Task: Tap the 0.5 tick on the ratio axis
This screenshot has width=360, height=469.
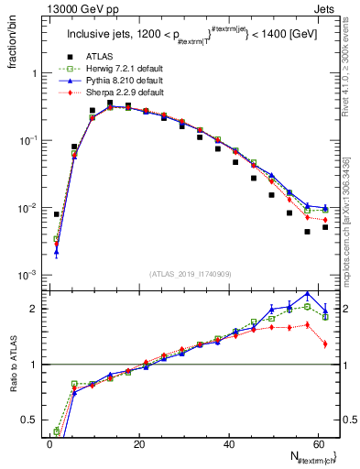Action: coord(27,420)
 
